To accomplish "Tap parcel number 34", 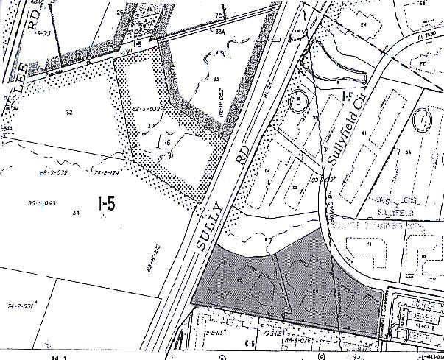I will pos(75,213).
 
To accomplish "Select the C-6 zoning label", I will pos(244,342).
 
